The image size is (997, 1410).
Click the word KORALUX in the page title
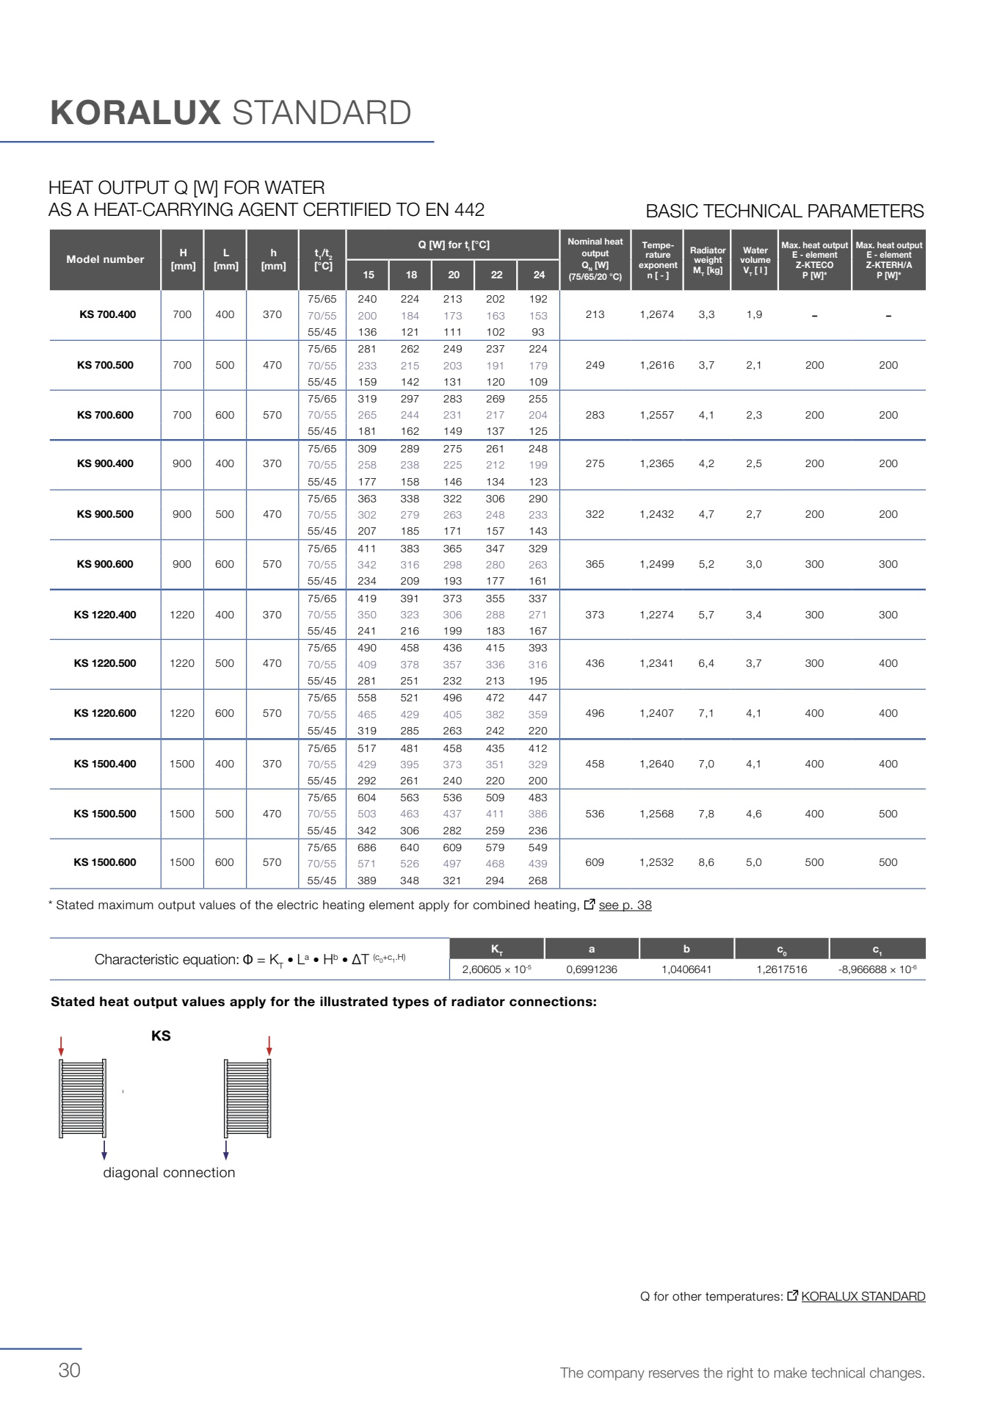pyautogui.click(x=136, y=113)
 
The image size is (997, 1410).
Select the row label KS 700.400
pyautogui.click(x=107, y=314)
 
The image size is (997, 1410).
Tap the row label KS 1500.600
pyautogui.click(x=105, y=862)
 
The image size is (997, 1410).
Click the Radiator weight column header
pyautogui.click(x=708, y=260)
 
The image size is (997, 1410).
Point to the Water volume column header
pyautogui.click(x=755, y=260)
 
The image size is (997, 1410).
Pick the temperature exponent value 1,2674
pyautogui.click(x=656, y=314)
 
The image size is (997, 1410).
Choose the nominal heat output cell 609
pyautogui.click(x=595, y=862)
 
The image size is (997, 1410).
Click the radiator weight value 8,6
pyautogui.click(x=706, y=862)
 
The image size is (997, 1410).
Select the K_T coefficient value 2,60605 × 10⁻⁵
pyautogui.click(x=496, y=969)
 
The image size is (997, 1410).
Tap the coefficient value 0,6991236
pyautogui.click(x=592, y=969)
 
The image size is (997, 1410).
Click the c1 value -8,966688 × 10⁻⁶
pyautogui.click(x=877, y=969)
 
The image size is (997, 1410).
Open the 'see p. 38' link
pyautogui.click(x=625, y=905)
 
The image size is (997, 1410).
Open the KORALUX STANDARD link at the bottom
pyautogui.click(x=863, y=1296)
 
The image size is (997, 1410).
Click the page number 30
pyautogui.click(x=70, y=1370)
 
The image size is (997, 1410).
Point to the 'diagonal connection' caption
pyautogui.click(x=169, y=1173)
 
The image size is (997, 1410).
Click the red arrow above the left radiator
pyautogui.click(x=62, y=1046)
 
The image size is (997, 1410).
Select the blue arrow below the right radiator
pyautogui.click(x=226, y=1150)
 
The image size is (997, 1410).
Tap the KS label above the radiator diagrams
pyautogui.click(x=161, y=1035)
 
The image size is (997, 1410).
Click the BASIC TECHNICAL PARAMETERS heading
pyautogui.click(x=784, y=211)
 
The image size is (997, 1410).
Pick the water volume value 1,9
pyautogui.click(x=754, y=314)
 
